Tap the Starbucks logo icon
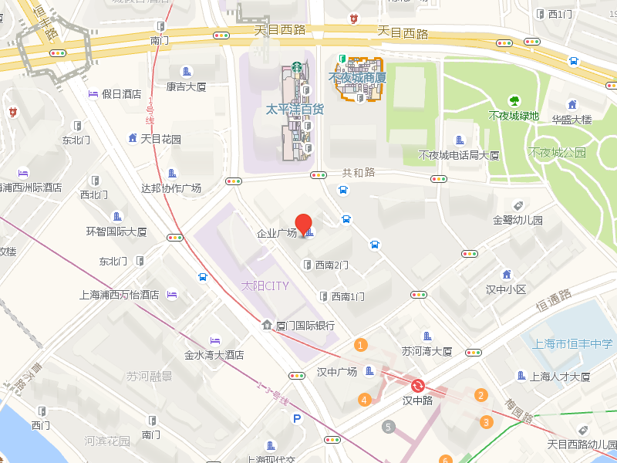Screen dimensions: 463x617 pos(297,68)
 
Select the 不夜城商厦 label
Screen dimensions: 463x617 pos(357,77)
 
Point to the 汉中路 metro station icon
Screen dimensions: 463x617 pos(417,385)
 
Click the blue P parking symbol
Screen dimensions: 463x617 pos(297,419)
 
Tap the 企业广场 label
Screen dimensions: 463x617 pos(276,233)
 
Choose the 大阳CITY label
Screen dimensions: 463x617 pos(265,286)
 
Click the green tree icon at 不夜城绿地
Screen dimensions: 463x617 pos(514,100)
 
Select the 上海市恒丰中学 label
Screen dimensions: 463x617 pos(572,343)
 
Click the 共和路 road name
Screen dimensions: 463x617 pos(358,173)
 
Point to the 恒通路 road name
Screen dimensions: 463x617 pos(552,300)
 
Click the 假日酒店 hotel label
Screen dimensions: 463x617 pos(121,94)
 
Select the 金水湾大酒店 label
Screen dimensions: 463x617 pos(214,355)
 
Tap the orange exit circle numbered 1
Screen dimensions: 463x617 pos(360,345)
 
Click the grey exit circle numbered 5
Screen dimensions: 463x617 pos(389,426)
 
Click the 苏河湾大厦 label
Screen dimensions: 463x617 pos(427,351)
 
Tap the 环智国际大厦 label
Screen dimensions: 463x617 pos(116,231)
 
